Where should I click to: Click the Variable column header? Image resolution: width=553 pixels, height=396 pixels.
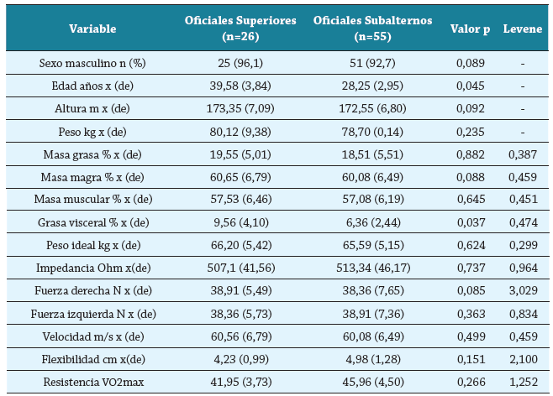pos(92,29)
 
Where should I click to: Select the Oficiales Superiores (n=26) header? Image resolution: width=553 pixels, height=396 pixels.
pos(240,29)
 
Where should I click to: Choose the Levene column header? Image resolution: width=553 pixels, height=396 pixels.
pos(522,29)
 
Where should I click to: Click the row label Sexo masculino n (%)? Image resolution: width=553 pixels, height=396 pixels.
pos(92,63)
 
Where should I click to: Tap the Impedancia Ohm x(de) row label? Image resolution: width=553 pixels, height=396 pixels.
pos(92,268)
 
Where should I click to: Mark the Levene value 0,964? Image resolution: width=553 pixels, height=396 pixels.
pos(522,268)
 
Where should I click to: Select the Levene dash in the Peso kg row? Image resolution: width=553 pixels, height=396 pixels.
pos(522,131)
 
